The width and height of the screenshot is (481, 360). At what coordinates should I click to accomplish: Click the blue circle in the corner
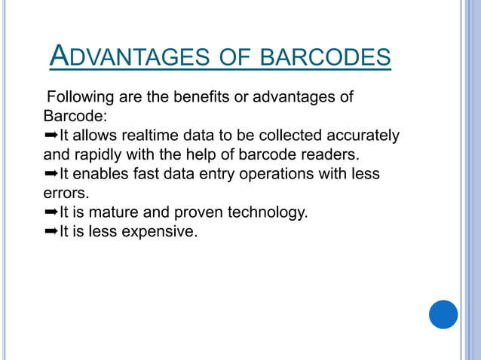click(443, 314)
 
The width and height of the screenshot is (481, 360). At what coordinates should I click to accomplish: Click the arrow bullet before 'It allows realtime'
click(51, 136)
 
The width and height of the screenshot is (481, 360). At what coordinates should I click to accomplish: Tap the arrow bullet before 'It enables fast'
click(51, 175)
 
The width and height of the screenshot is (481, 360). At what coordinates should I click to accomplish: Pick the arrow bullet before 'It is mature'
click(51, 213)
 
